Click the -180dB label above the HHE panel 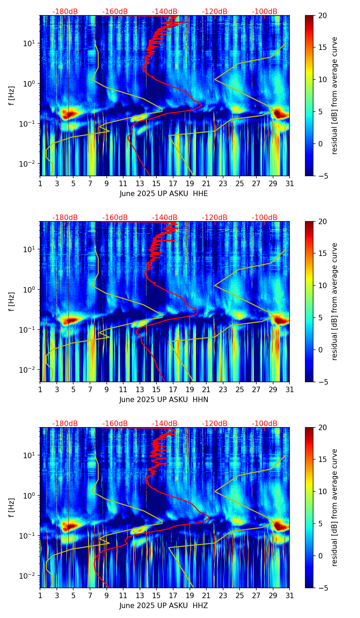click(x=65, y=12)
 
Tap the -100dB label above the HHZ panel click(x=265, y=424)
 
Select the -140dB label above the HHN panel click(x=165, y=218)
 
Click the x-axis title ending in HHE click(x=164, y=194)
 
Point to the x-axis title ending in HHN click(x=164, y=400)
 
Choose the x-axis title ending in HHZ click(x=164, y=606)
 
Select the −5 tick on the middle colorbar click(x=323, y=382)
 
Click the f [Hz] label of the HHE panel click(x=12, y=96)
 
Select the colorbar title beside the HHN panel click(x=335, y=301)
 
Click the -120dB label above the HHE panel click(x=215, y=12)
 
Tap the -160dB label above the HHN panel click(x=115, y=218)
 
